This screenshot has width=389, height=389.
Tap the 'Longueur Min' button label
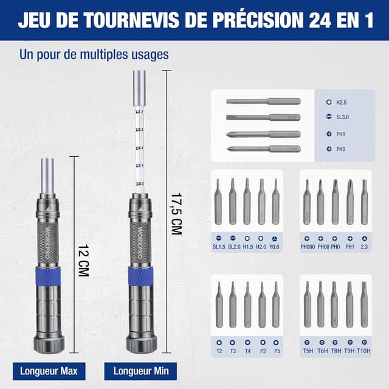[x=137, y=371]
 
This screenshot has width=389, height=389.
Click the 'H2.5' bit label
[x=342, y=103]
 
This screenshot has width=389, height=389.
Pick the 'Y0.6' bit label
[x=276, y=247]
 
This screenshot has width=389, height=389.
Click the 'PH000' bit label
[x=307, y=247]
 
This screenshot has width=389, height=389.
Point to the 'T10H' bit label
[x=364, y=351]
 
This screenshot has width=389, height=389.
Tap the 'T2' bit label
[x=219, y=351]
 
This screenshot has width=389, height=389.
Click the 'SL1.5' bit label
[x=219, y=247]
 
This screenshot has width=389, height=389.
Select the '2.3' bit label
[x=364, y=247]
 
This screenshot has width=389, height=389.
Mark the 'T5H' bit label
[x=307, y=351]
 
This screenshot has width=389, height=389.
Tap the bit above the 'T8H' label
[x=334, y=304]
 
